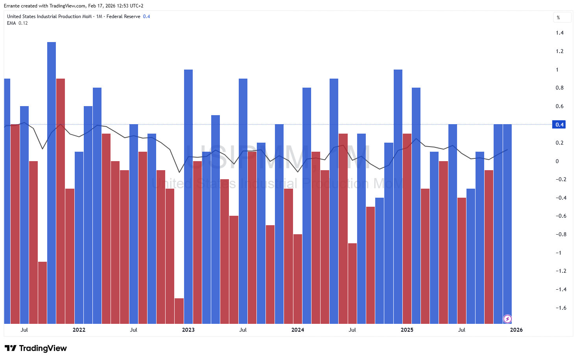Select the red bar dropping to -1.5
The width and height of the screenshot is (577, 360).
pyautogui.click(x=179, y=310)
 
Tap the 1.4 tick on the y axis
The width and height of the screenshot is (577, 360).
pyautogui.click(x=559, y=33)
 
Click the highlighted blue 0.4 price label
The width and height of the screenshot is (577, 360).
pyautogui.click(x=559, y=125)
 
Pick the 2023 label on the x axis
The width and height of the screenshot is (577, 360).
pyautogui.click(x=188, y=330)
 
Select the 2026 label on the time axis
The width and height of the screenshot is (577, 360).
pyautogui.click(x=516, y=330)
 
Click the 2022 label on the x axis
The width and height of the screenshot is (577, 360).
pyautogui.click(x=79, y=330)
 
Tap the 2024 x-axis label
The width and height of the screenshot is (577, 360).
pyautogui.click(x=298, y=330)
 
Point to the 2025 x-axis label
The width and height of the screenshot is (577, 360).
pyautogui.click(x=407, y=330)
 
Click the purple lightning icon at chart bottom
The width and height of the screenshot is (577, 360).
pyautogui.click(x=507, y=319)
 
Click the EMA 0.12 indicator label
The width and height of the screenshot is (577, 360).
pyautogui.click(x=17, y=23)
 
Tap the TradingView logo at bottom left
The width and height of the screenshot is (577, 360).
pyautogui.click(x=36, y=348)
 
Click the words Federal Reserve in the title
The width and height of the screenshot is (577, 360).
pyautogui.click(x=123, y=17)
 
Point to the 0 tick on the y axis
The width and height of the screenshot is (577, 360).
pyautogui.click(x=557, y=161)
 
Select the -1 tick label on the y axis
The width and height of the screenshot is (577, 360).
pyautogui.click(x=559, y=253)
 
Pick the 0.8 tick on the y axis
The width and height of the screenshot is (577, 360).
pyautogui.click(x=559, y=88)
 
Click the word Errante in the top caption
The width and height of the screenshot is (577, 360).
pyautogui.click(x=12, y=6)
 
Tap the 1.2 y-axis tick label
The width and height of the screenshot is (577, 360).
pyautogui.click(x=559, y=51)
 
